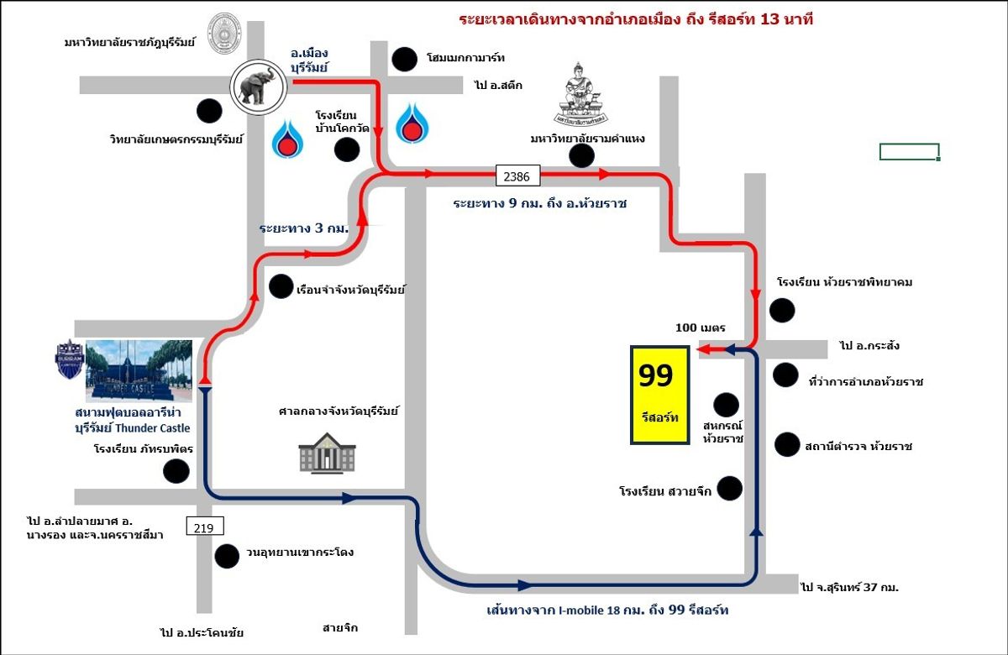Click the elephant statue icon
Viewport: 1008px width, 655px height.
259,86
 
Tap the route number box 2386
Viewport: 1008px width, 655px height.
517,176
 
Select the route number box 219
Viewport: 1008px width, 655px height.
205,526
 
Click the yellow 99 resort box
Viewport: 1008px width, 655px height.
659,395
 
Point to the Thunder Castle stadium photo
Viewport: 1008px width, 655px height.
139,370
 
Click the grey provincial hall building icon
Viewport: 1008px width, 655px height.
327,453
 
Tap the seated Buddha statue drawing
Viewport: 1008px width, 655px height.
580,94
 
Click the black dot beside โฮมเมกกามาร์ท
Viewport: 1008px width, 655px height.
404,60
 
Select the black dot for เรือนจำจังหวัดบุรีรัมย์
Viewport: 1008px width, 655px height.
281,286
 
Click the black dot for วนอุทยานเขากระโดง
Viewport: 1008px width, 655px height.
227,556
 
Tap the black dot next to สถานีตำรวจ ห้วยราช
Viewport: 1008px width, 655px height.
786,444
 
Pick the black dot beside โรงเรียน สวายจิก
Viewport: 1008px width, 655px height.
729,489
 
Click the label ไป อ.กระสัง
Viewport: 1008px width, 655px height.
869,345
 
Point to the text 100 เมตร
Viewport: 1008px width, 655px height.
701,327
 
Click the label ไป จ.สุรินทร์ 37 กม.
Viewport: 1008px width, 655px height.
849,587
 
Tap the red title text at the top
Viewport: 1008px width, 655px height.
636,20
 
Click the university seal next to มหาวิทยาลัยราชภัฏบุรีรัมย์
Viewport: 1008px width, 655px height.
223,34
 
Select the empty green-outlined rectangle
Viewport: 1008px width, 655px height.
910,152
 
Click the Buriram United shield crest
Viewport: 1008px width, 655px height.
70,359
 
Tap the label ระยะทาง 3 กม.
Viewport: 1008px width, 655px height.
304,228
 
